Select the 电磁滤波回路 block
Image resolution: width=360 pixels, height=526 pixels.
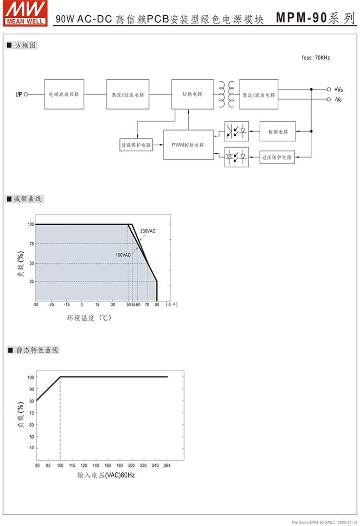tap(64, 95)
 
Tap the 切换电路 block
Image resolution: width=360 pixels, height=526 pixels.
tap(192, 94)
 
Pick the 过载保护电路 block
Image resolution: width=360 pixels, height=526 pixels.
tap(136, 145)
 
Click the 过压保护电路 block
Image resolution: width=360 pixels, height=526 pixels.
tap(277, 158)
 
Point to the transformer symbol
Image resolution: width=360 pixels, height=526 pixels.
tap(227, 94)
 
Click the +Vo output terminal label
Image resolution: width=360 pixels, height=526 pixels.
tap(338, 89)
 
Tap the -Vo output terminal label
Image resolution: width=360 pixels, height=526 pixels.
tap(338, 99)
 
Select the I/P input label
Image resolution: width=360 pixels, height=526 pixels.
tap(18, 95)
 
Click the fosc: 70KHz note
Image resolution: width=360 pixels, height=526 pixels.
tap(315, 58)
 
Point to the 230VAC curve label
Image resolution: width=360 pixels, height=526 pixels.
tap(148, 232)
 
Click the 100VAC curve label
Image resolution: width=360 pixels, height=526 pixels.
tap(123, 255)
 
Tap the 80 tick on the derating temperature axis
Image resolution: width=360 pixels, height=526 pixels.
tap(156, 305)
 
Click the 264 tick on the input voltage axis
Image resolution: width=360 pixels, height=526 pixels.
tap(167, 465)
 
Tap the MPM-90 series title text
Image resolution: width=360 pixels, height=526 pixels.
tap(314, 18)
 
